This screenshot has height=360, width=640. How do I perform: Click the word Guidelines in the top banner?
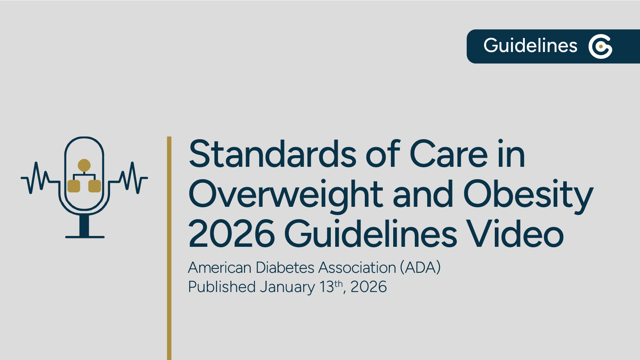pos(530,46)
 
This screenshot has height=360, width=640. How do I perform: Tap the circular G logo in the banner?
pos(600,46)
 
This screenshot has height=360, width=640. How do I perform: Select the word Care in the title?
pos(448,154)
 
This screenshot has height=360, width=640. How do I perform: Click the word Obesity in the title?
pos(528,195)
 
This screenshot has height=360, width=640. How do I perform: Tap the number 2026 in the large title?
pos(231,234)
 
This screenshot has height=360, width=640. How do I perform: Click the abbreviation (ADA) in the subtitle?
pos(420,268)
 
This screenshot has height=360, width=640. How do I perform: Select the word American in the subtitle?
pos(220,268)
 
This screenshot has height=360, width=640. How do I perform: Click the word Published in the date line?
pos(222,287)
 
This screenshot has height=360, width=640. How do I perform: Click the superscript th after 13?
pos(338,284)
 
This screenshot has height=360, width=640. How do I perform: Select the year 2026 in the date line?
pos(368,287)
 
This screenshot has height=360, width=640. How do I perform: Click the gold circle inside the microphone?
pos(84,165)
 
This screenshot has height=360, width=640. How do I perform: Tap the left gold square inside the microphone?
pos(74,186)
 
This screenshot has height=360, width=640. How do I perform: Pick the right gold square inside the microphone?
pos(94,186)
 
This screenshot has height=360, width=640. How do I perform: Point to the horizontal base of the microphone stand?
pos(85,237)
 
